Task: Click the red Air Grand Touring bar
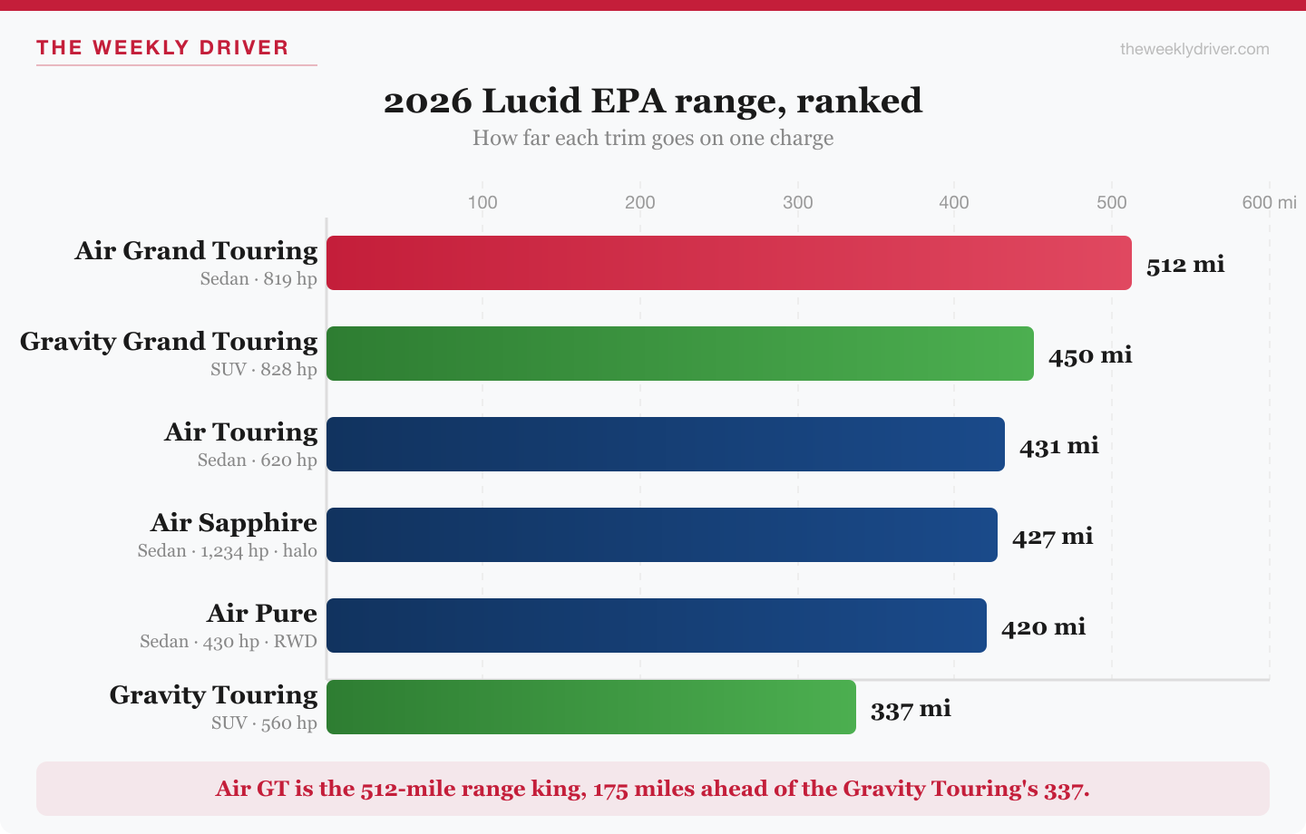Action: pos(728,263)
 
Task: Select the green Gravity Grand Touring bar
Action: pos(679,354)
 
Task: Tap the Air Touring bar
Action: pos(665,444)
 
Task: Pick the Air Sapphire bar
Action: pos(661,535)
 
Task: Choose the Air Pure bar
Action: pos(656,625)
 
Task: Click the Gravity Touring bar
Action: pos(590,707)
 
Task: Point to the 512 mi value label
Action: pos(1184,265)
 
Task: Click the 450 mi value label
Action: pos(1090,355)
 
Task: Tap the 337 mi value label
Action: pos(911,709)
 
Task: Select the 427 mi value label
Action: pos(1052,537)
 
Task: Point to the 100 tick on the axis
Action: pos(482,202)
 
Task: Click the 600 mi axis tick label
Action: pos(1268,202)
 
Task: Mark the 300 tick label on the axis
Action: pos(798,202)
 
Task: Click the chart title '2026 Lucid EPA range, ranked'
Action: pos(653,101)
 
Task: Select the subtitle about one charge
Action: pos(653,138)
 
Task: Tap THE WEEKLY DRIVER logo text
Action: pos(162,48)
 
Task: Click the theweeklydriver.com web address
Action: pos(1194,49)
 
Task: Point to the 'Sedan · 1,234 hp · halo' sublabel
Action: pos(228,551)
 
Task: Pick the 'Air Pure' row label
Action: pos(262,613)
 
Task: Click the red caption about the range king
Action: pos(653,789)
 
